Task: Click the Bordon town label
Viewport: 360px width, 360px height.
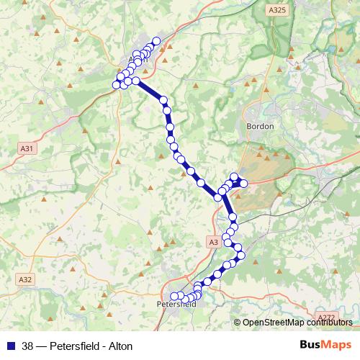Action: click(261, 125)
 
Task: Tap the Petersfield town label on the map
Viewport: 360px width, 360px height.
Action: click(176, 305)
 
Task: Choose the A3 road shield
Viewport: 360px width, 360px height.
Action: click(213, 243)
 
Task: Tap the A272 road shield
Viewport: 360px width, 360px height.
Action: click(325, 317)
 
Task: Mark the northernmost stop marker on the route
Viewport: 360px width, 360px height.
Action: click(156, 40)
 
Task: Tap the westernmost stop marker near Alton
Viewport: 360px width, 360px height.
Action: click(116, 85)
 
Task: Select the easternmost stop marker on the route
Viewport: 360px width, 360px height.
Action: click(243, 183)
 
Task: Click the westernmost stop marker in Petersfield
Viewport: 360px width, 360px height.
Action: click(174, 295)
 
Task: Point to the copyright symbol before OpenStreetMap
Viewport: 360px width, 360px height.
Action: click(238, 323)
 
